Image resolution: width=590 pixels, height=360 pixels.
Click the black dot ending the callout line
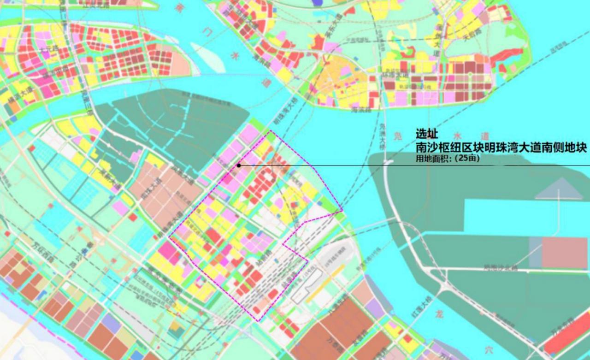point(239,165)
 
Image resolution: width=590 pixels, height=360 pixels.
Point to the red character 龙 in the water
point(440,315)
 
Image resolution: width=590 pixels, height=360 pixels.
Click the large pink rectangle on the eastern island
point(564,253)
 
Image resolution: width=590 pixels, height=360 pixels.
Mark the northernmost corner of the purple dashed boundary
point(270,131)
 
